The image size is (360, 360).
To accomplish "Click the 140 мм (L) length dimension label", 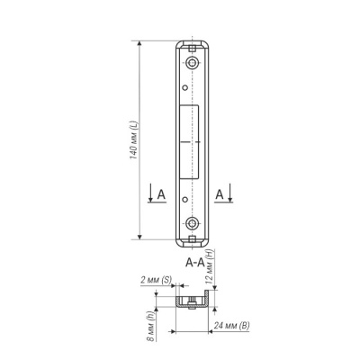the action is pyautogui.click(x=133, y=140).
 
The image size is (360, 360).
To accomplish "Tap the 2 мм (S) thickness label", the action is pyautogui.click(x=156, y=280).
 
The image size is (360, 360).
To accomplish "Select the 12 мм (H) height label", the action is pyautogui.click(x=210, y=266).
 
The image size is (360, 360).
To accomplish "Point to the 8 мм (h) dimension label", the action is pyautogui.click(x=151, y=326).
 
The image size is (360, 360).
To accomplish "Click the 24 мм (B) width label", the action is pyautogui.click(x=231, y=325).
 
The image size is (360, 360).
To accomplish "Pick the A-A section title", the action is pyautogui.click(x=195, y=263).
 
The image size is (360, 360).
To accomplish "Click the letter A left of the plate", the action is pyautogui.click(x=161, y=194).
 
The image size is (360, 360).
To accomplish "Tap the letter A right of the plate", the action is pyautogui.click(x=220, y=194).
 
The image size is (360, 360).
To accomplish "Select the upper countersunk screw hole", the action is pyautogui.click(x=192, y=63).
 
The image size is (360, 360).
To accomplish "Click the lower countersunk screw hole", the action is pyautogui.click(x=192, y=223).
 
